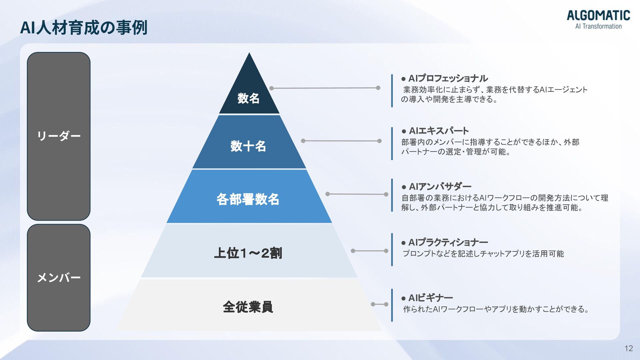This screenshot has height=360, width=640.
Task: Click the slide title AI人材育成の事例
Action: [84, 28]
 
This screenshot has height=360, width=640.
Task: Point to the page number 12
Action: [628, 348]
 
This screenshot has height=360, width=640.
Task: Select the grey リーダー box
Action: [59, 136]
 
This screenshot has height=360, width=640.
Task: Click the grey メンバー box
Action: [59, 277]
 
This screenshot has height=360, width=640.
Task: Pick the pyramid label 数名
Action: [248, 98]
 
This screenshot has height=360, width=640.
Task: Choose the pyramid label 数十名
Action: [248, 146]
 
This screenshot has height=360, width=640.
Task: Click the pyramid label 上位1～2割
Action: [248, 253]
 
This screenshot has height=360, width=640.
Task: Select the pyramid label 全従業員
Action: [248, 307]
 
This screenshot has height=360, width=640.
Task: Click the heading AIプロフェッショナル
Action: [448, 79]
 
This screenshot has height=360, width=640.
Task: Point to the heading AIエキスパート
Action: [439, 131]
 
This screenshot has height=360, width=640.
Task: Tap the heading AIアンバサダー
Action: [440, 186]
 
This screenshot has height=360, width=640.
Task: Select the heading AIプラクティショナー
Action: [448, 242]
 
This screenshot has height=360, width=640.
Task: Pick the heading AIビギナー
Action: [430, 298]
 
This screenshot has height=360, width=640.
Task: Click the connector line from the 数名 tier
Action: [325, 88]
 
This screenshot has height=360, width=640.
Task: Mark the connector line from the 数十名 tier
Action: [341, 141]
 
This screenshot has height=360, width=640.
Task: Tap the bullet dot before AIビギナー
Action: [404, 298]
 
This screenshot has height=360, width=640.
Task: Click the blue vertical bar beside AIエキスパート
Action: [392, 144]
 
